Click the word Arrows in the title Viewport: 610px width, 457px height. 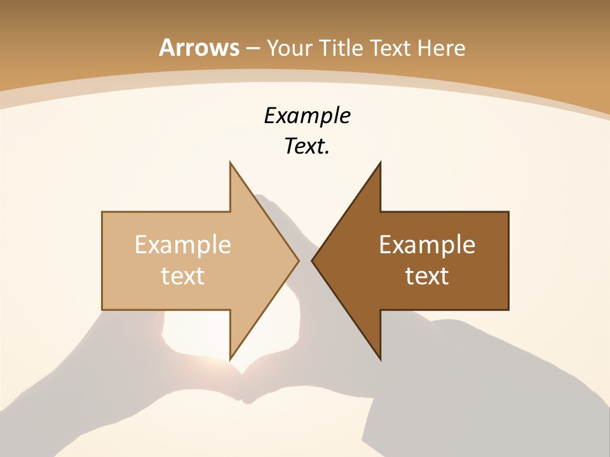coord(200,48)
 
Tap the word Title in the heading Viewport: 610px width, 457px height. coord(341,48)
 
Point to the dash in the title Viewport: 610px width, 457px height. coord(253,48)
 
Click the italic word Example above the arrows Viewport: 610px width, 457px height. coord(307,116)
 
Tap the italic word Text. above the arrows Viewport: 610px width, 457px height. coord(307,147)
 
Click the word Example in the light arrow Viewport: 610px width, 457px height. coord(183,244)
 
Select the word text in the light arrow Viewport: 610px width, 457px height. coord(183,275)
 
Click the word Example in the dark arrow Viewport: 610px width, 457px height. coord(427,244)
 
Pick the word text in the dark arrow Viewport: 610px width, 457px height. coord(427,275)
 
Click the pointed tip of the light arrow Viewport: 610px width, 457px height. coord(299,260)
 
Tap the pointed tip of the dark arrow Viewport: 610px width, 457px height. coord(312,260)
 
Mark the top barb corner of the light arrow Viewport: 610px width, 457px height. coord(230,162)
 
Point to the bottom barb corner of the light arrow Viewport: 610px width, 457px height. coord(230,359)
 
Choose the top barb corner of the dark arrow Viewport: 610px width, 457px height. coord(381,162)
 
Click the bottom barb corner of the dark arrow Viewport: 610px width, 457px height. coord(381,359)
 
